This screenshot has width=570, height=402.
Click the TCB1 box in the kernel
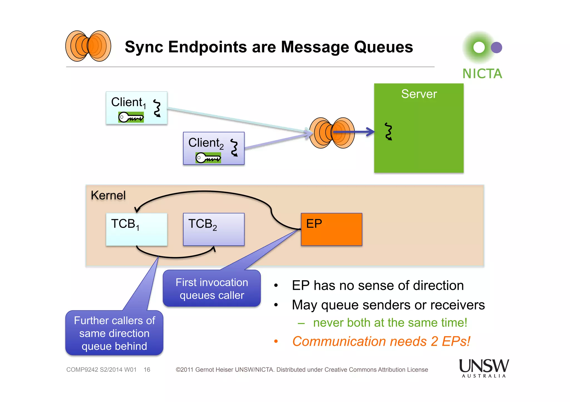tap(136, 229)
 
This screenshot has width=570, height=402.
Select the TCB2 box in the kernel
tap(213, 229)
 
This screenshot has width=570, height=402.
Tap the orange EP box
tap(331, 229)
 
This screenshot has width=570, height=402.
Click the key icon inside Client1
tap(131, 117)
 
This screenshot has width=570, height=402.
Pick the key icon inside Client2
tap(208, 158)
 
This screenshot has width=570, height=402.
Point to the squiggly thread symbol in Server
tap(389, 131)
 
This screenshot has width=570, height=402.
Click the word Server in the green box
tap(419, 94)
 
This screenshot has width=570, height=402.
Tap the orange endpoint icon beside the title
tap(88, 46)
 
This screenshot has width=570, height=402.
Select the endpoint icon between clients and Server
tap(332, 133)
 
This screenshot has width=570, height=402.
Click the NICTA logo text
tap(482, 74)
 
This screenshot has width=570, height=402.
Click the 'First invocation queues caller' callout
tap(212, 289)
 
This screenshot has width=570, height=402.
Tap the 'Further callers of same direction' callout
tap(114, 333)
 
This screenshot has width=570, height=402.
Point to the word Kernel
tap(108, 195)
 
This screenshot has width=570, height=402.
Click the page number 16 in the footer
tap(147, 370)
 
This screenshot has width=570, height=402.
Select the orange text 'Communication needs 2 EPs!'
tap(381, 341)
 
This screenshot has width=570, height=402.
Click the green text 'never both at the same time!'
tap(390, 323)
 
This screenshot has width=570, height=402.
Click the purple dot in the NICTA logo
tap(496, 48)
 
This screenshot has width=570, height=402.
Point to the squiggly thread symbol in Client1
tap(157, 108)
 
